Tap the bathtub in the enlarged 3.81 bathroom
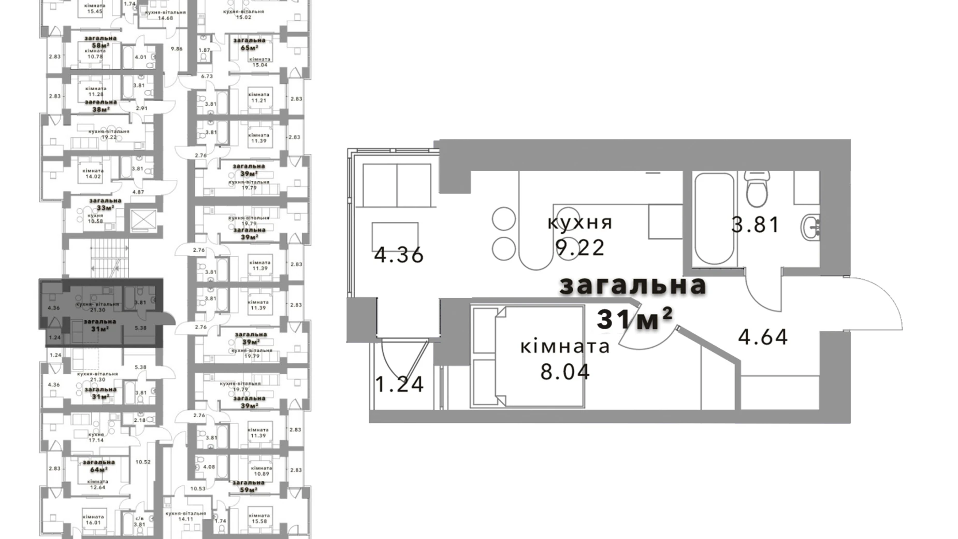pos(714,219)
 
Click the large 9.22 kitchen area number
pos(580,248)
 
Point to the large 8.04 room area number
pos(565,372)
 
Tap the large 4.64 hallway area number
pos(763,337)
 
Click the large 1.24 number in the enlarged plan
pos(399,384)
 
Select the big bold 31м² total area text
pos(634,319)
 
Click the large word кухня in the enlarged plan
pos(580,223)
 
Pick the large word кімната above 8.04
pos(565,347)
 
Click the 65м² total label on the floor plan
pos(249,48)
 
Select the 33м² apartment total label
pos(105,208)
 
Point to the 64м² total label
pos(98,470)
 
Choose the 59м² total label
pos(249,490)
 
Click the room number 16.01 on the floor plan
pos(93,523)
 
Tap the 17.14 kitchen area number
pos(96,440)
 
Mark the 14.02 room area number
pos(93,176)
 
